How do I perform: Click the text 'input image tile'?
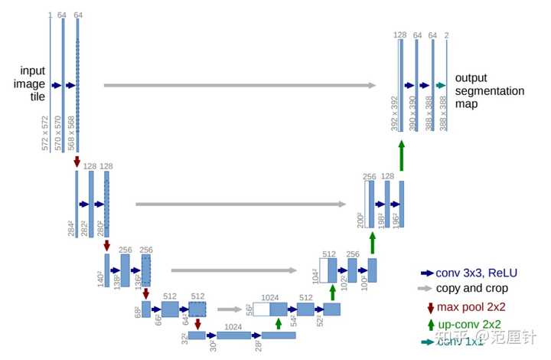coord(32,85)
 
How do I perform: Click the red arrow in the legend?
coord(430,308)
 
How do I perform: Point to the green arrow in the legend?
coord(430,325)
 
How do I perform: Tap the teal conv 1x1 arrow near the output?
coord(440,86)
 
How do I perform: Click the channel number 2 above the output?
coord(446,35)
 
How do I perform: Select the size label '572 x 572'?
coord(45,132)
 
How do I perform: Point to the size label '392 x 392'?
coord(394,113)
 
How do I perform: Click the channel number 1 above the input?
coord(50,15)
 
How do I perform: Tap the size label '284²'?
coord(70,227)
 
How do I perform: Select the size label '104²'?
coord(315,275)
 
